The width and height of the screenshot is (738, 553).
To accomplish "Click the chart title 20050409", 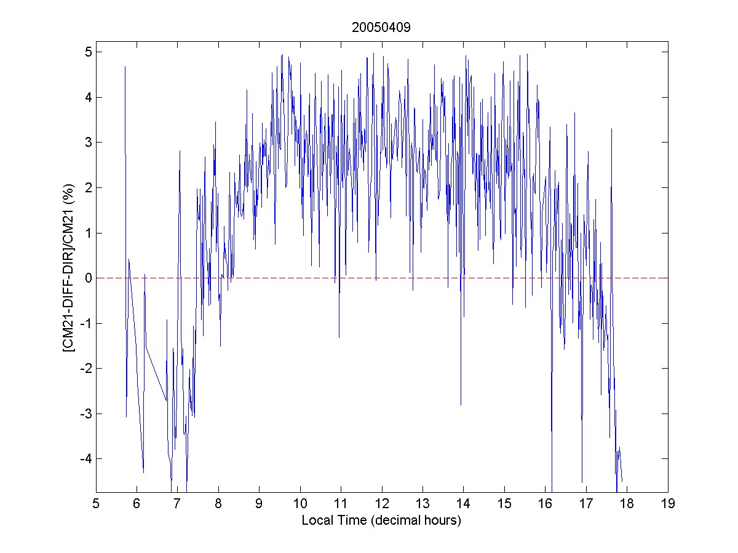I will [381, 28].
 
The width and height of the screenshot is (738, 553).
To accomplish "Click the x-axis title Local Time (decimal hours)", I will [381, 520].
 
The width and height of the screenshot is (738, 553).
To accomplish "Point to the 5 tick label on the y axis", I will [89, 52].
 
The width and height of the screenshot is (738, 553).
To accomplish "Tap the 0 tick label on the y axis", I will [89, 278].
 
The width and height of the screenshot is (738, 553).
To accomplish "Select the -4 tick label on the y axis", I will [87, 458].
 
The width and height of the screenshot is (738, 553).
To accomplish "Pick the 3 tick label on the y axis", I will [89, 142].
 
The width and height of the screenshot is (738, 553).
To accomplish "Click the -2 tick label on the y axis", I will [87, 368].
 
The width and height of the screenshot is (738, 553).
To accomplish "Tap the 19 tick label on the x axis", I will [668, 504].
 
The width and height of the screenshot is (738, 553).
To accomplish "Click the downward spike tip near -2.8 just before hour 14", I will [461, 405].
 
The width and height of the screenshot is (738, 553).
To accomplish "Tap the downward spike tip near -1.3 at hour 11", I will [339, 337].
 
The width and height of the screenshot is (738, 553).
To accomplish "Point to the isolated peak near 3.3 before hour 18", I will [612, 128].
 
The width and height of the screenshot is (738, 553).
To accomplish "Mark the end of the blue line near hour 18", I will [622, 481].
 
